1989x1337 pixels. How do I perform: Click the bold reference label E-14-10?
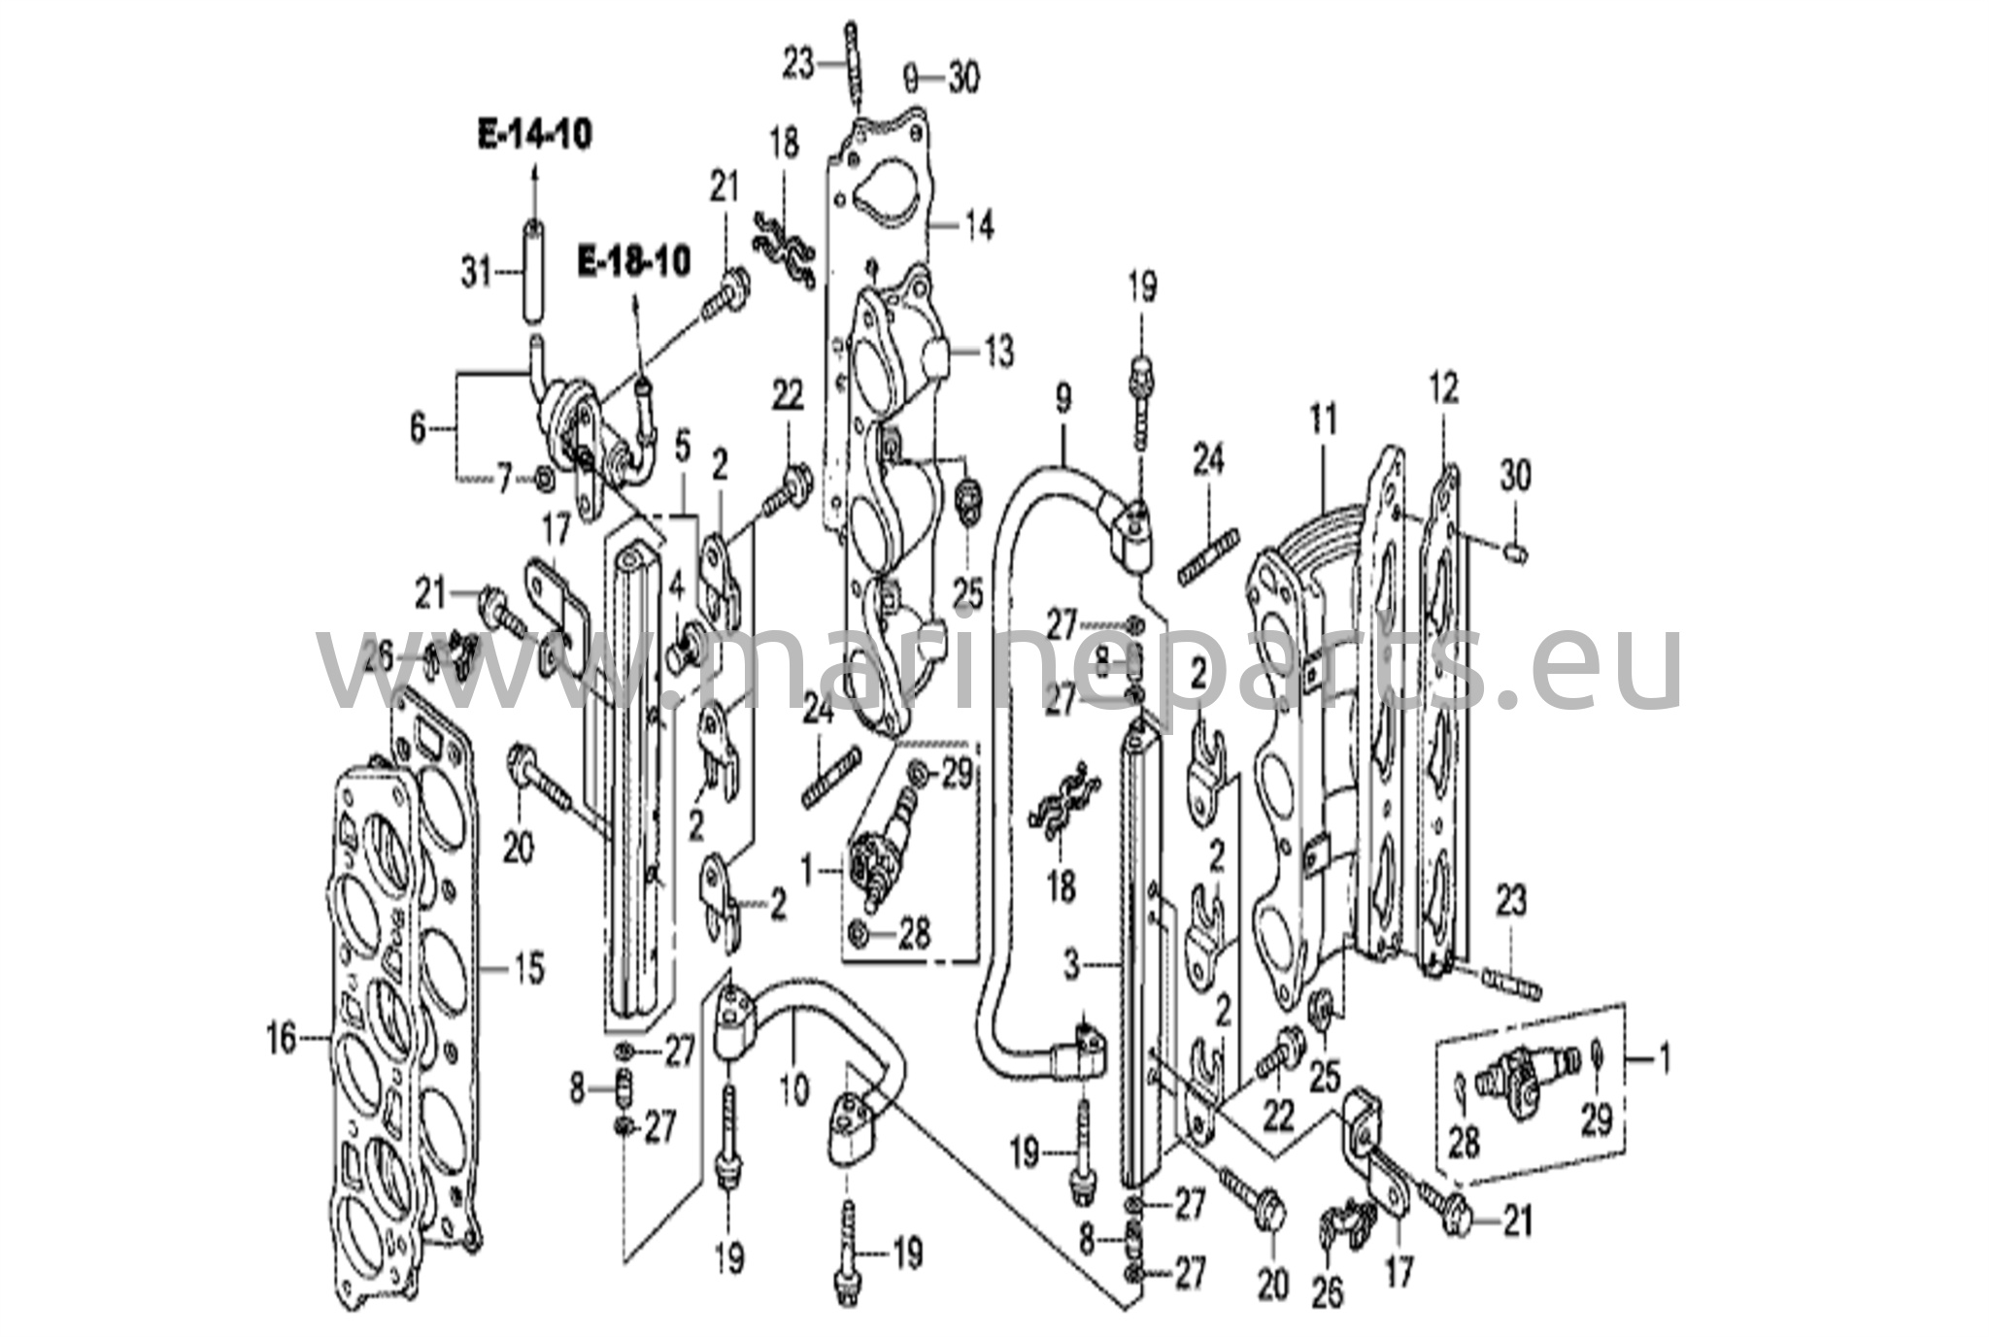534,135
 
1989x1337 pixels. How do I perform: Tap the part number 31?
477,274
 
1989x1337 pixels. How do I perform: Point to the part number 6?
418,427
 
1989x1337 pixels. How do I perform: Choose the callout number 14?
979,226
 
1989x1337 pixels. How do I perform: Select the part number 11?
1324,420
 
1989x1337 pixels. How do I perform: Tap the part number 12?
1443,389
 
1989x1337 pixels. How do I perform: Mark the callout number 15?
528,968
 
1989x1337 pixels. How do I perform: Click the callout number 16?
282,1040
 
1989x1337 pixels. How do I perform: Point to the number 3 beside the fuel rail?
1071,965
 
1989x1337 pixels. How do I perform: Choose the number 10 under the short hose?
793,1089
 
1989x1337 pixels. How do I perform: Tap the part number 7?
504,480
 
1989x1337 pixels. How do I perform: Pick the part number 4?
677,587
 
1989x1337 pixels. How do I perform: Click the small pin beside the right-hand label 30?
1515,553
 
